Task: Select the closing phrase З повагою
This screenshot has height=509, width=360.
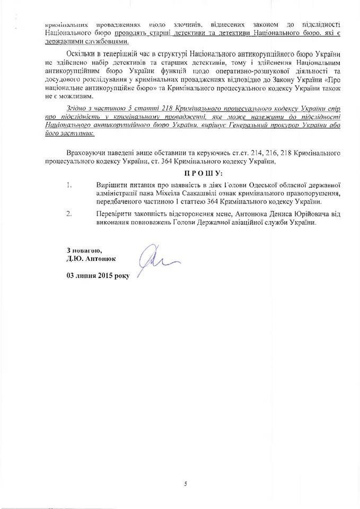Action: pyautogui.click(x=84, y=250)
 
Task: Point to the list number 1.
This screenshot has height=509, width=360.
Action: pyautogui.click(x=69, y=185)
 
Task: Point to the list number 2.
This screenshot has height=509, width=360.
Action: pyautogui.click(x=69, y=214)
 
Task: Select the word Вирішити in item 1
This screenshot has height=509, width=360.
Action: pyautogui.click(x=112, y=185)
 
